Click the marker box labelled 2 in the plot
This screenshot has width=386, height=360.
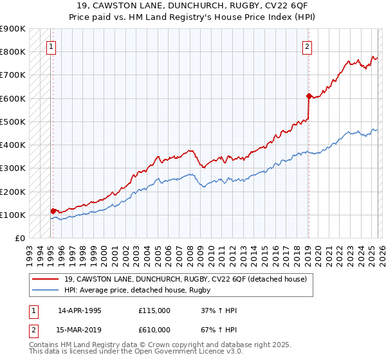pyautogui.click(x=308, y=46)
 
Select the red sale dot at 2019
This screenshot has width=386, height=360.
pyautogui.click(x=309, y=96)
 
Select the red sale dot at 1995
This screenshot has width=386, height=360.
pyautogui.click(x=53, y=211)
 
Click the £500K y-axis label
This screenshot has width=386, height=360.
pyautogui.click(x=13, y=122)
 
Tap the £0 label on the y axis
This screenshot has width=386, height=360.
pyautogui.click(x=19, y=238)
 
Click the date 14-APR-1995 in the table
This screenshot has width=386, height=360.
pyautogui.click(x=79, y=310)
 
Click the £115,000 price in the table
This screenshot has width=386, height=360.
pyautogui.click(x=154, y=310)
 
